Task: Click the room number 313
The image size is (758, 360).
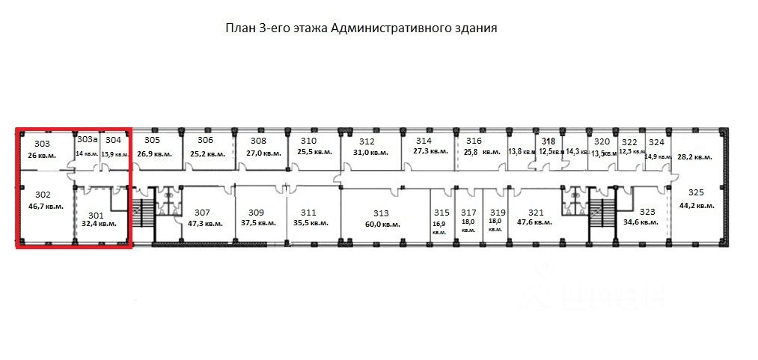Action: click(382, 212)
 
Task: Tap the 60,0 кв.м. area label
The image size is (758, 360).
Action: click(382, 224)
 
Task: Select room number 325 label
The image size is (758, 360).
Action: click(696, 192)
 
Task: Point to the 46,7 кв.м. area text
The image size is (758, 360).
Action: click(46, 205)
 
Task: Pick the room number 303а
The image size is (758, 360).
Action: click(88, 140)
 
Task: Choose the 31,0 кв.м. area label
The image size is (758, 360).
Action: click(370, 153)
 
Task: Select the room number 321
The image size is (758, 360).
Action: click(535, 212)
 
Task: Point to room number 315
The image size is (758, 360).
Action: click(441, 213)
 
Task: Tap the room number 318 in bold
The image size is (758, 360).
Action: click(548, 141)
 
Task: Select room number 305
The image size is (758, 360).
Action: click(152, 140)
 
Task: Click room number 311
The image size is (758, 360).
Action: click(309, 212)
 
